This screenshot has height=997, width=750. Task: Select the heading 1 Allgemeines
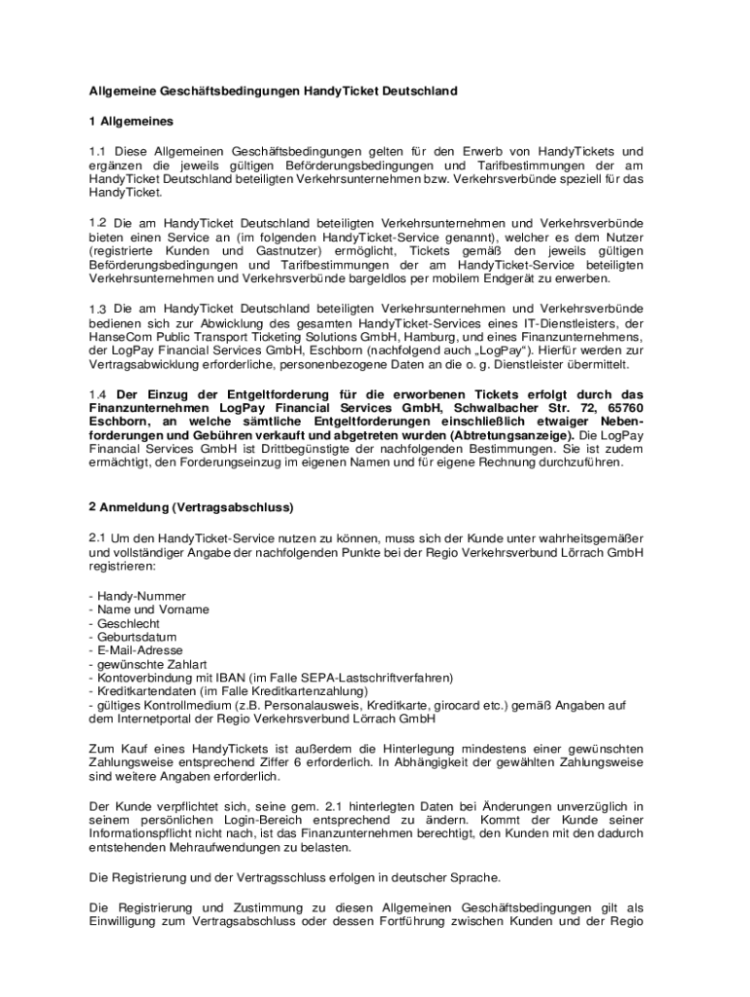(x=131, y=122)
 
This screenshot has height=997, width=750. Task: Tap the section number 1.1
(x=97, y=152)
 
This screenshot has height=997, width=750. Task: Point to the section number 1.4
(x=97, y=394)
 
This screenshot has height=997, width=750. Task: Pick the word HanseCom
(x=119, y=337)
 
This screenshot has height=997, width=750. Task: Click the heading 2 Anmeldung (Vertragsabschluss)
(x=191, y=507)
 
